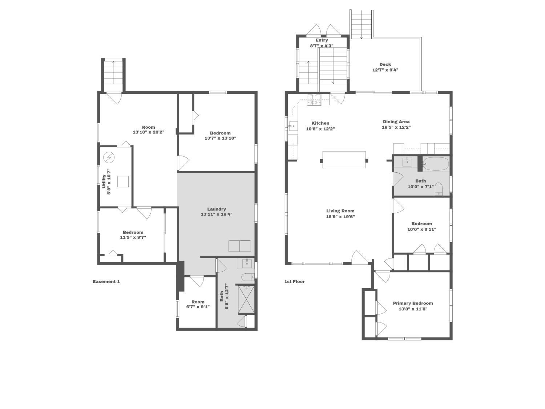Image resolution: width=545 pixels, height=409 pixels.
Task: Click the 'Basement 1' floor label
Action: [x=106, y=281]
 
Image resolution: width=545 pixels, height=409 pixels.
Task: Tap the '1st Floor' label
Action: [x=294, y=281]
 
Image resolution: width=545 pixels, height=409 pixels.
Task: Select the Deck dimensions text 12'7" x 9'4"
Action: [x=385, y=70]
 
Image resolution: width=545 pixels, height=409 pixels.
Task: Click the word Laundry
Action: [x=217, y=209]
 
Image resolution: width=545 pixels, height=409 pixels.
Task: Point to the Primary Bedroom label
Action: [x=413, y=303]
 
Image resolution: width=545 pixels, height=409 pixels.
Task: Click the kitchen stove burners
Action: [x=314, y=100]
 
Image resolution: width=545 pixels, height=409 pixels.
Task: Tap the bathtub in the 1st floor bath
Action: [x=436, y=164]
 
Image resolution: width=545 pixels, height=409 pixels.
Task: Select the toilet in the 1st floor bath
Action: [x=439, y=189]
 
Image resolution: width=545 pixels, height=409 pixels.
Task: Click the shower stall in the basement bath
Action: [x=246, y=299]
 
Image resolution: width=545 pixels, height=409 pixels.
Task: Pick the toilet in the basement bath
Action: [x=248, y=277]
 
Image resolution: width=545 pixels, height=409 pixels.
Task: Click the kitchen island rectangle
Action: [x=344, y=160]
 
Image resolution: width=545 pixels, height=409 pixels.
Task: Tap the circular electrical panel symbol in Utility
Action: [x=109, y=157]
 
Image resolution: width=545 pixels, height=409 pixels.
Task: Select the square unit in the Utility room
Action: [x=123, y=181]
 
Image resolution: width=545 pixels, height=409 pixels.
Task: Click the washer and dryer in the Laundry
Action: [x=239, y=246]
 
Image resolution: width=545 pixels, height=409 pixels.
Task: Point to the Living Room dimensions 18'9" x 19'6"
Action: [x=340, y=217]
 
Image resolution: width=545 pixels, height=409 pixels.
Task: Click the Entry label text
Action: [x=322, y=40]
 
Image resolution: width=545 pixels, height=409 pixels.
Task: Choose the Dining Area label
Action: [x=396, y=121]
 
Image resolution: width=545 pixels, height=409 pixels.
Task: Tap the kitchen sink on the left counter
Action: [x=293, y=126]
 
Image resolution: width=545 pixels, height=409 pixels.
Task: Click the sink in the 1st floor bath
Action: [x=407, y=162]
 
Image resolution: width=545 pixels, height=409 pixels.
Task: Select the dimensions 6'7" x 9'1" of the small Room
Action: [x=198, y=307]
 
